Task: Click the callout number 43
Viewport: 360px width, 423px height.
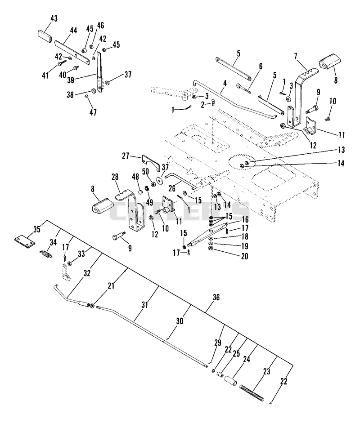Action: pos(54,18)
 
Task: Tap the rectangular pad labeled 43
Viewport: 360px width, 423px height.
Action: pos(44,36)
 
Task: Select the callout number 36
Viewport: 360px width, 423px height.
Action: pos(216,297)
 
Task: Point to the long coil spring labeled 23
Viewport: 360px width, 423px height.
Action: pos(252,392)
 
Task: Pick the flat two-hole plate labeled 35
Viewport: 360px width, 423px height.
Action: pos(25,241)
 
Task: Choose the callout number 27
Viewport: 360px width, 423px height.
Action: pos(126,156)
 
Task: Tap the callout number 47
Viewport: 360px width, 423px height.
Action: pos(93,112)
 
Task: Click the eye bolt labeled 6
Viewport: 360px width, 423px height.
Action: pos(244,89)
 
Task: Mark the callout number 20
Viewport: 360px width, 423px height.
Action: pos(244,256)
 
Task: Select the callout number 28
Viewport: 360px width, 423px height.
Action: pos(115,177)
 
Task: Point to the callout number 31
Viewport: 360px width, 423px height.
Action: pos(145,305)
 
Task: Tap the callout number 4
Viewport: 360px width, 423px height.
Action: pos(225,83)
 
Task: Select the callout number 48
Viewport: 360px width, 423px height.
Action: pos(135,177)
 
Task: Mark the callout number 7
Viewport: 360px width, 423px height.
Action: pos(296,56)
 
